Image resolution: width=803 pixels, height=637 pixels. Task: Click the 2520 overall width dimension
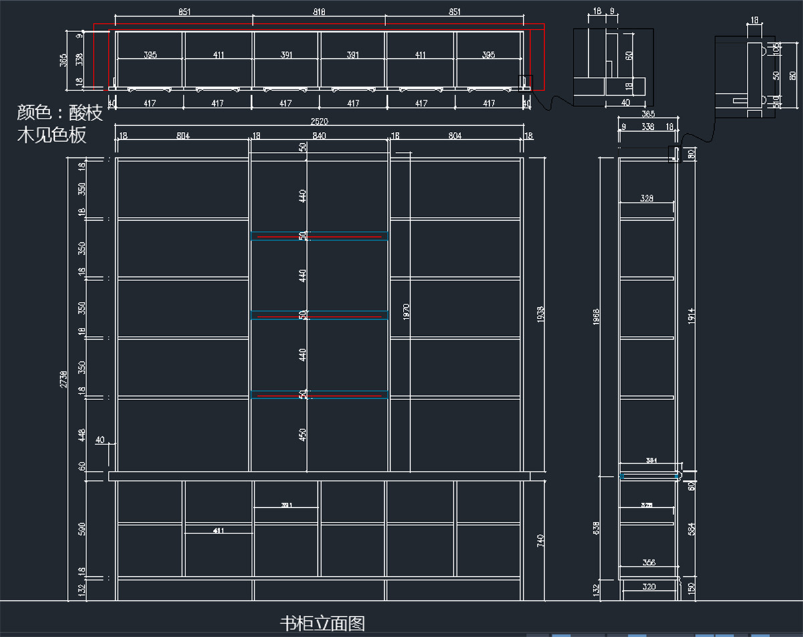coord(319,122)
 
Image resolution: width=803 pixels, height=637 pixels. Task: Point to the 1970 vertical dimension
coord(406,312)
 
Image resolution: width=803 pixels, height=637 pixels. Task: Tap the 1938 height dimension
coord(541,314)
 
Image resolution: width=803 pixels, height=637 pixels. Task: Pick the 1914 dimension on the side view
coord(691,316)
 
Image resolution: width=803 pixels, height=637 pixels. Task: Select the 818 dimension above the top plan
coord(319,12)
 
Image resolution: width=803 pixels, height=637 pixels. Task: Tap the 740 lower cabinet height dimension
coord(541,539)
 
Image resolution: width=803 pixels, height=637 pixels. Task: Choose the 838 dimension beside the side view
coord(596,529)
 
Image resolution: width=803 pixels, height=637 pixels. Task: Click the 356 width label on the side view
coord(648,563)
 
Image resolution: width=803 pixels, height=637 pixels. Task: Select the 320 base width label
coord(648,587)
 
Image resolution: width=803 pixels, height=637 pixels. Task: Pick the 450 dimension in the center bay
coord(303,435)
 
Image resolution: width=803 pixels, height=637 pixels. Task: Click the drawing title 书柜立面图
coord(323,624)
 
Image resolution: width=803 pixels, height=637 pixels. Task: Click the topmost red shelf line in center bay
coord(319,237)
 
